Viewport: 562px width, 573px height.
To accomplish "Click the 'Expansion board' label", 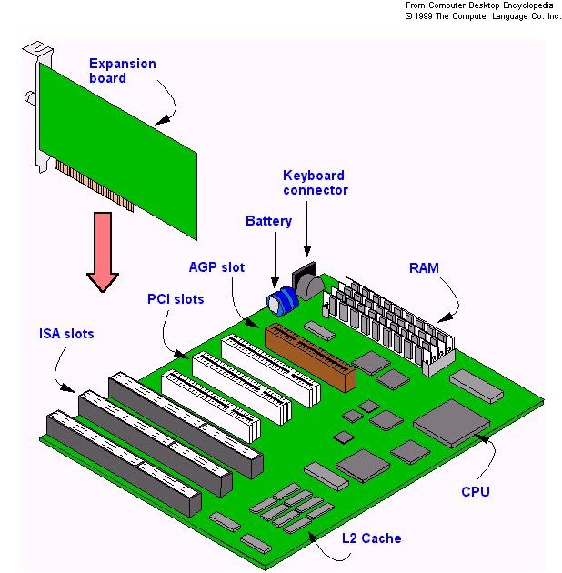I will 122,71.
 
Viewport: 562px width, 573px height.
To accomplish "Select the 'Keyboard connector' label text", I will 315,183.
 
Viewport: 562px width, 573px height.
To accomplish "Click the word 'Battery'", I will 268,221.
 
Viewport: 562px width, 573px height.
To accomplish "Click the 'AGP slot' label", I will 216,267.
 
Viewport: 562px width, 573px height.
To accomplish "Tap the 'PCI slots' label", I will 176,299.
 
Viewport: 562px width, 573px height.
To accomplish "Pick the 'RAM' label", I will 424,267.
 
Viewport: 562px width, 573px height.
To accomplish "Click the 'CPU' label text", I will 475,492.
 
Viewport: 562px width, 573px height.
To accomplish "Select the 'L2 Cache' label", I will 371,538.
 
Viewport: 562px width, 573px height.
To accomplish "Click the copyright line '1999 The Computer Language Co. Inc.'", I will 483,15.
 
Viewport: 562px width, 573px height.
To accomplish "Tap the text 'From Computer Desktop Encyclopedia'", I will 483,5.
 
